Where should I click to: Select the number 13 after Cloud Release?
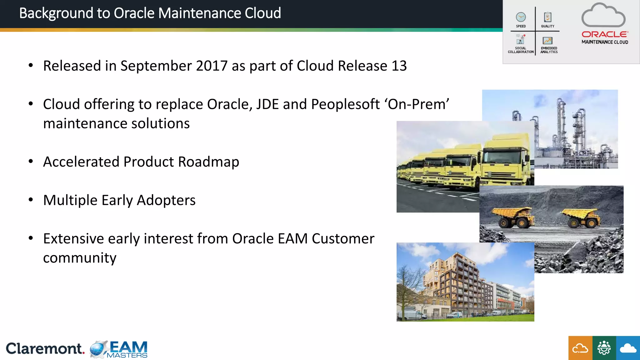[x=399, y=66]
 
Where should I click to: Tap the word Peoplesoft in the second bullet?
[x=345, y=104]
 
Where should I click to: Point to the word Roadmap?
[x=208, y=162]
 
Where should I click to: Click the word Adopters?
[x=166, y=200]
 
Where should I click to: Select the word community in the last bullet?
[x=80, y=258]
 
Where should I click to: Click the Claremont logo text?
[x=45, y=348]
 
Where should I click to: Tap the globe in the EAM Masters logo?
[x=98, y=349]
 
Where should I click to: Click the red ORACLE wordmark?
[x=604, y=34]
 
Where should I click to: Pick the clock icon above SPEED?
[x=521, y=17]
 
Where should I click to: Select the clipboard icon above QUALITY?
[x=547, y=17]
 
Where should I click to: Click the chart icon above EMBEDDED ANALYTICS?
[x=547, y=41]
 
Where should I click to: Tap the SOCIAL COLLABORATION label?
[x=521, y=50]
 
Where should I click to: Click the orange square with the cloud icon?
[x=580, y=348]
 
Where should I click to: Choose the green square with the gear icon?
[x=604, y=348]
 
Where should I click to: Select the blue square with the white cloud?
[x=628, y=348]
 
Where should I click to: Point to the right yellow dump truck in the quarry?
[x=581, y=217]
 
